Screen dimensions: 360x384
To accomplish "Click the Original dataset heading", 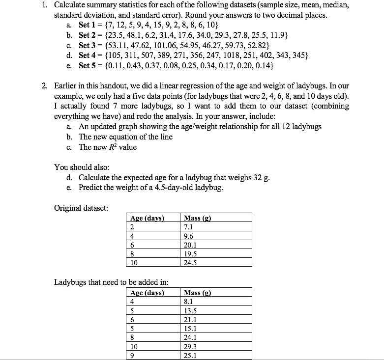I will coord(81,208).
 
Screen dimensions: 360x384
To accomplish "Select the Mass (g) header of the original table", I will coord(197,218).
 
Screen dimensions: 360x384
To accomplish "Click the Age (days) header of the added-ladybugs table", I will coord(147,293).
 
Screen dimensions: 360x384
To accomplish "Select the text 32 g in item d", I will coord(262,178).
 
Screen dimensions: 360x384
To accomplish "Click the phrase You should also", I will coord(82,167).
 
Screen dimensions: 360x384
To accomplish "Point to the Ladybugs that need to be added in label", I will coord(112,282).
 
